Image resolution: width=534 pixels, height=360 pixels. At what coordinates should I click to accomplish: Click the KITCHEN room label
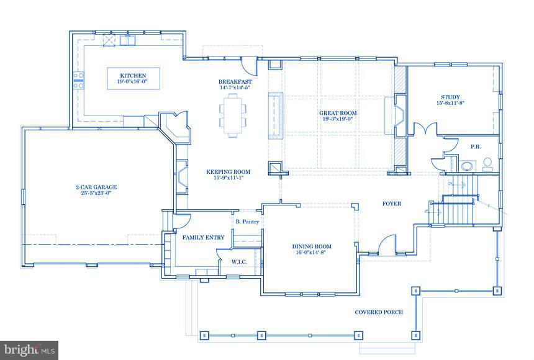pos(133,76)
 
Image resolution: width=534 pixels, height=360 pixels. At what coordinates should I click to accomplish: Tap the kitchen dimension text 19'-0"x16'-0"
pos(133,82)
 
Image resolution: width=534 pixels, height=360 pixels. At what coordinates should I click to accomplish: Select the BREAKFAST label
pos(235,82)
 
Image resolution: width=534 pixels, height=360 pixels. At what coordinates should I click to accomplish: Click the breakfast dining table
pos(232,118)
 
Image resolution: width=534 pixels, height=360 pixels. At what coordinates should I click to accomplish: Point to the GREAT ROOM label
pos(338,113)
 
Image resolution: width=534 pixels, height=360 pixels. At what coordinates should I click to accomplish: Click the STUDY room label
pos(450,97)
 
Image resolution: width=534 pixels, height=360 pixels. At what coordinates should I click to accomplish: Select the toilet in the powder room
pos(488,163)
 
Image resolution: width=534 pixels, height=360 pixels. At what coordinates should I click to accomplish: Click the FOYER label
pos(391,204)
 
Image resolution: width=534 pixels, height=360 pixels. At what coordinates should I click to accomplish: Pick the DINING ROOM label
pos(311,246)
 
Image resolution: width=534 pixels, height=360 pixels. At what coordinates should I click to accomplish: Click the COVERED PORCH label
pos(379,312)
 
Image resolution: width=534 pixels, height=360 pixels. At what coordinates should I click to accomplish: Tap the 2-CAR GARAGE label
pos(96,187)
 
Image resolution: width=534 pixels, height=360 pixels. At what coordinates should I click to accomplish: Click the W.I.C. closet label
pos(238,262)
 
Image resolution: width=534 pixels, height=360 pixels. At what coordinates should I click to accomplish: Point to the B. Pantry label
pos(247,222)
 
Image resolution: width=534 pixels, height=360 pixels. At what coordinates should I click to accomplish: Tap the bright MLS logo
pos(29,350)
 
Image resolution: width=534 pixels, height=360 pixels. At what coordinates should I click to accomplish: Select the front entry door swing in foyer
pos(386,245)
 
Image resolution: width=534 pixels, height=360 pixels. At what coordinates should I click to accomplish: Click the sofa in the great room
pos(275,116)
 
